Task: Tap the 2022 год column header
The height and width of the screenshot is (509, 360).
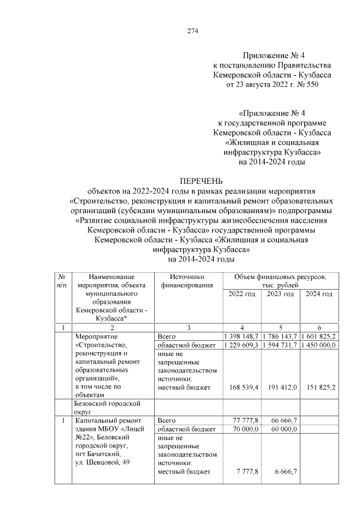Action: [242, 295]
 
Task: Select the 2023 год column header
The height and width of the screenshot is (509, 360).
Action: [280, 295]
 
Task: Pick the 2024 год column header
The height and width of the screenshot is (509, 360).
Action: [319, 295]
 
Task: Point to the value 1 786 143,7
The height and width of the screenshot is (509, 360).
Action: [280, 336]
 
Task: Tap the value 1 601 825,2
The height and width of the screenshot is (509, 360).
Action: [319, 336]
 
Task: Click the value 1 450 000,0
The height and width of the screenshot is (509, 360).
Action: [319, 345]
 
